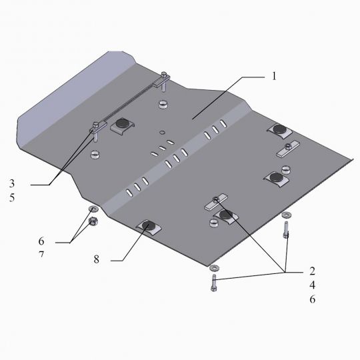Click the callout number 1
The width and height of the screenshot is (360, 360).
(274, 76)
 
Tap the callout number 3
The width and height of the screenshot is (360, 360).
(12, 183)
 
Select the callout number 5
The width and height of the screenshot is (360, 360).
(12, 197)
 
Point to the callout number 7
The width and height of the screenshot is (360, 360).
(41, 255)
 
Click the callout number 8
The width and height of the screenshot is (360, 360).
(97, 259)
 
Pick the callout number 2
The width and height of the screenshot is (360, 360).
(312, 271)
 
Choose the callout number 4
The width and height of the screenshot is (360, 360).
(312, 285)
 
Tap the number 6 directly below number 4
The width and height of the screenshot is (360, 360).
(313, 299)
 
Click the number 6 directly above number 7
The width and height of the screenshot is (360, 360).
(41, 241)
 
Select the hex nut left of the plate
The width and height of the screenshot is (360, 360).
(93, 221)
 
